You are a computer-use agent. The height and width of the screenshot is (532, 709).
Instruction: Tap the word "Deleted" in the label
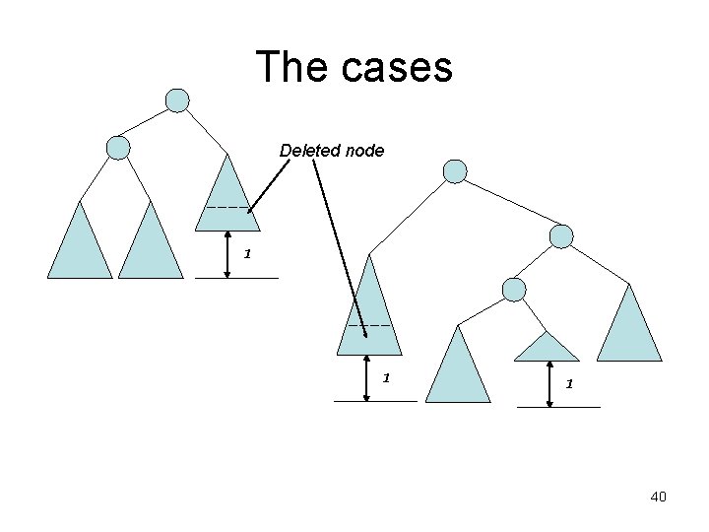[307, 151]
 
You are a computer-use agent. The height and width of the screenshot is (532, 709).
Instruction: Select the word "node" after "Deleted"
[361, 151]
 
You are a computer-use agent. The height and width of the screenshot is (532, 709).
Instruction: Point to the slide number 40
[658, 497]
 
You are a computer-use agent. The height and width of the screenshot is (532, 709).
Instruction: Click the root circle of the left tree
[177, 100]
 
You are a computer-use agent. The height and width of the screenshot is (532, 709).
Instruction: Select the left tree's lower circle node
[118, 148]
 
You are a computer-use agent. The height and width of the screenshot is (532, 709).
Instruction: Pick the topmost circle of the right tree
[455, 172]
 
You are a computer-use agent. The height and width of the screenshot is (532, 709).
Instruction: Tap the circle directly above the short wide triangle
[514, 289]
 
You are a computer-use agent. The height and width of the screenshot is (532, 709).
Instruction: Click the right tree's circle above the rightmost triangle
[560, 236]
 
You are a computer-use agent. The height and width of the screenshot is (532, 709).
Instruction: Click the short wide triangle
[548, 348]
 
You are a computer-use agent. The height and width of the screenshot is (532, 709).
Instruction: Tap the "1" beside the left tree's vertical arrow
[248, 253]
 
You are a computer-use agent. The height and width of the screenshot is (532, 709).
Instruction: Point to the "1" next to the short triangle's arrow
[568, 384]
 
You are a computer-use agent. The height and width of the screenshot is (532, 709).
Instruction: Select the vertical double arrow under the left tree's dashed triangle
[228, 254]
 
